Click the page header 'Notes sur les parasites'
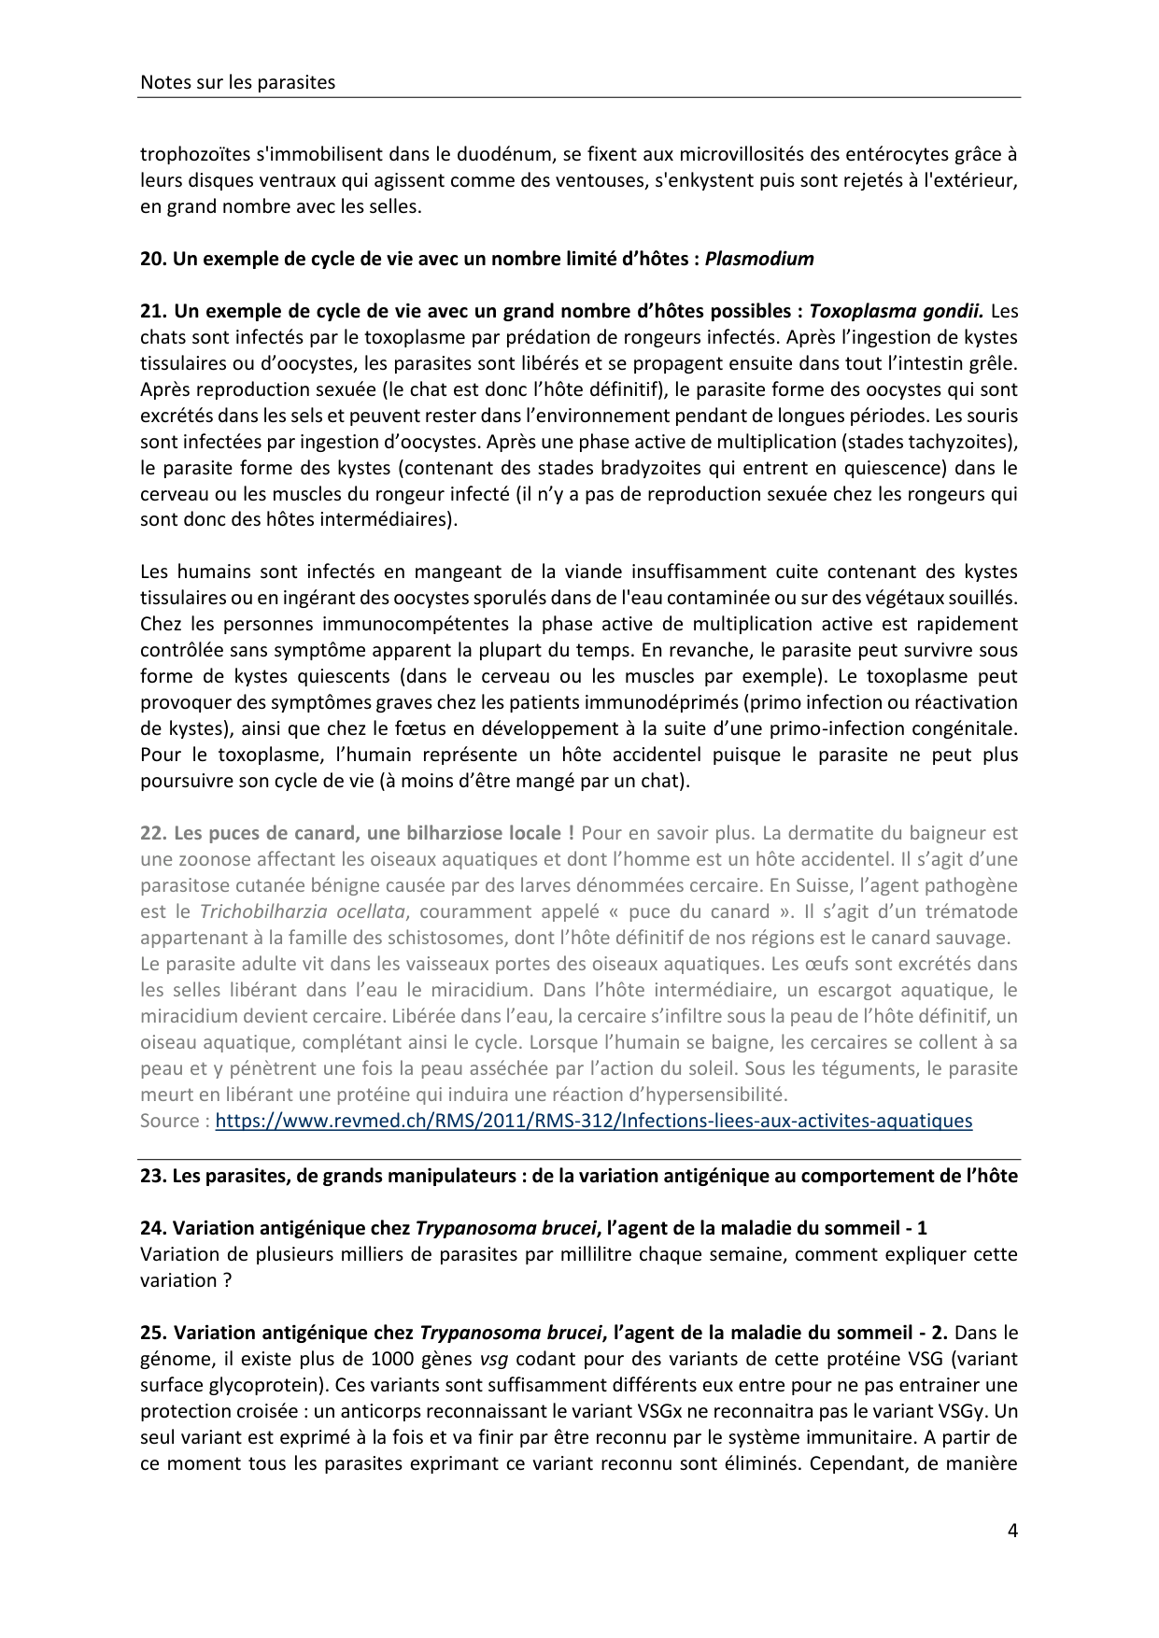tap(237, 82)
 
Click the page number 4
tap(1012, 1531)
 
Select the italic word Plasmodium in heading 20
tap(758, 259)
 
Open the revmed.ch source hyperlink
tap(593, 1121)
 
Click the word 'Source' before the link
tap(169, 1121)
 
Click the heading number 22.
tap(152, 833)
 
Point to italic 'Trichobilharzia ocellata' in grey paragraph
tap(303, 911)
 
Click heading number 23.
tap(152, 1176)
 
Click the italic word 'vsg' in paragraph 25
tap(493, 1359)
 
